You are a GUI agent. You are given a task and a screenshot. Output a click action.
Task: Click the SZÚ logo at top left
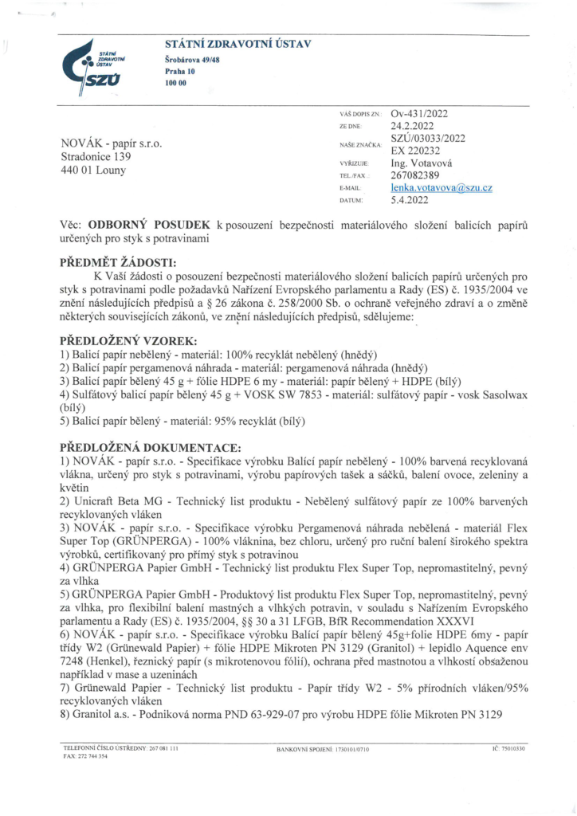pos(106,63)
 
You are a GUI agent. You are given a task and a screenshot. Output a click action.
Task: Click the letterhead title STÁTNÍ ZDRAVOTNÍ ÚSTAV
pos(237,44)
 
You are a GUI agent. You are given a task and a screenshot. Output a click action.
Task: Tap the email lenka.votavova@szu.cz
pos(441,188)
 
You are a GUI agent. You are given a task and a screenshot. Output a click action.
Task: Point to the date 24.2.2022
pos(412,126)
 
